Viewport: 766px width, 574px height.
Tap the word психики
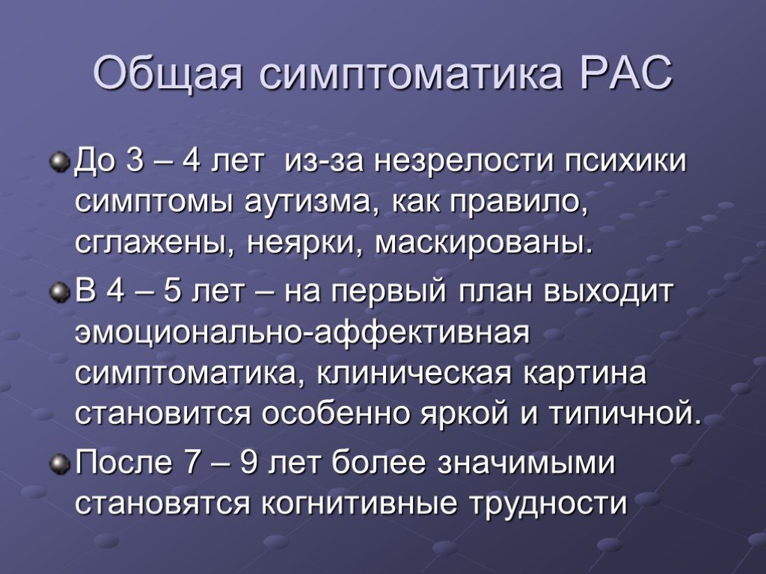[610, 163]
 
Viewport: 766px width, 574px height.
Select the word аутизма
[313, 204]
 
